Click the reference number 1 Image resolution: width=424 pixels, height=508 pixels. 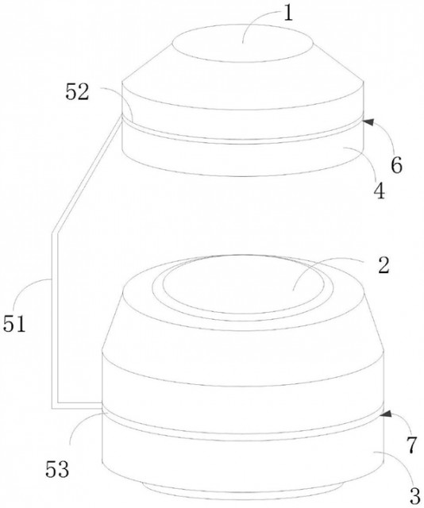tap(288, 14)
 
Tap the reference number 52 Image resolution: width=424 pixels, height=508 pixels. tap(77, 92)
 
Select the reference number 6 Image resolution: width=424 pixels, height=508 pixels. tap(396, 165)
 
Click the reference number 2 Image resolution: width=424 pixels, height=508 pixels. tap(384, 266)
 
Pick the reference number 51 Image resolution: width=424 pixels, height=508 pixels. tap(14, 324)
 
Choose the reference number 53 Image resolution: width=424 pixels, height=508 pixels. tap(57, 469)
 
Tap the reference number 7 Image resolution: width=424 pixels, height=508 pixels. tap(411, 445)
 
